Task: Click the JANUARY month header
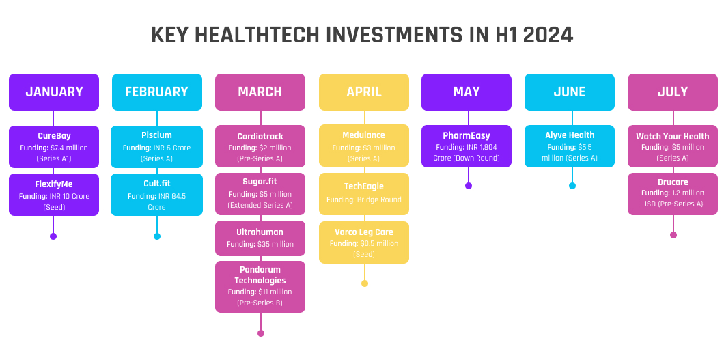(x=54, y=92)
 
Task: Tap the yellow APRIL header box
(x=364, y=92)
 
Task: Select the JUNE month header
(x=570, y=92)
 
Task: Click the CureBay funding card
(x=54, y=147)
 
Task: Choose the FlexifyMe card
(x=54, y=195)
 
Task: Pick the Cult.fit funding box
(x=156, y=195)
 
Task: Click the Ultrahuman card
(x=260, y=238)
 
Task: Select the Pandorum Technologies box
(x=260, y=287)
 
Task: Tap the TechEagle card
(x=364, y=194)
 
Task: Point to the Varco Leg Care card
(x=364, y=243)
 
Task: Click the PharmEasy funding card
(x=467, y=146)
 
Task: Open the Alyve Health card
(x=570, y=146)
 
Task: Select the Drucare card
(x=673, y=194)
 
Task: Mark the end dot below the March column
(x=261, y=333)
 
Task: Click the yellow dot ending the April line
(x=365, y=283)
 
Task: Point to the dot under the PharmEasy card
(x=469, y=186)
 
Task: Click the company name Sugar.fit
(x=260, y=182)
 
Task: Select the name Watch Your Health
(x=673, y=136)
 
